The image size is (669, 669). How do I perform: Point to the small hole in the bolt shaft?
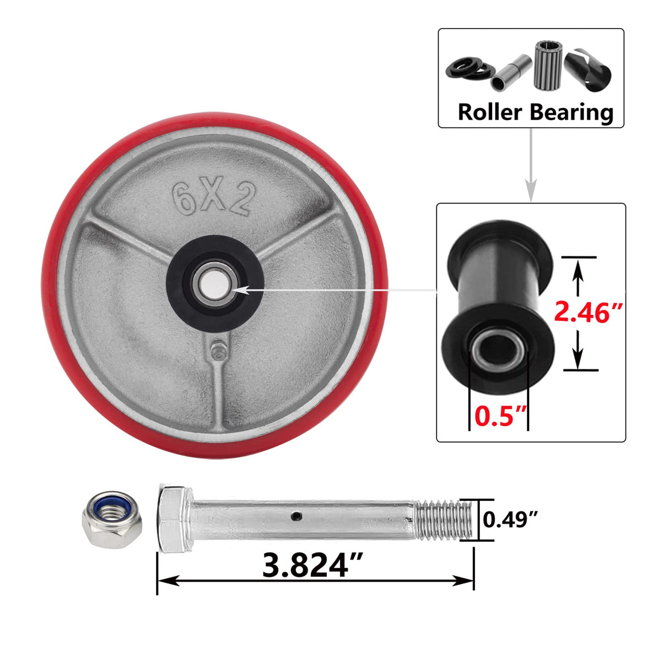click(297, 516)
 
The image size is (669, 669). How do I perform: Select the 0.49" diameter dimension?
click(510, 519)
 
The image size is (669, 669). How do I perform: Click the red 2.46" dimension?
click(589, 314)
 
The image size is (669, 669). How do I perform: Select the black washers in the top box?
click(470, 68)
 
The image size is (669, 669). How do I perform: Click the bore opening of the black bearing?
click(499, 349)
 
